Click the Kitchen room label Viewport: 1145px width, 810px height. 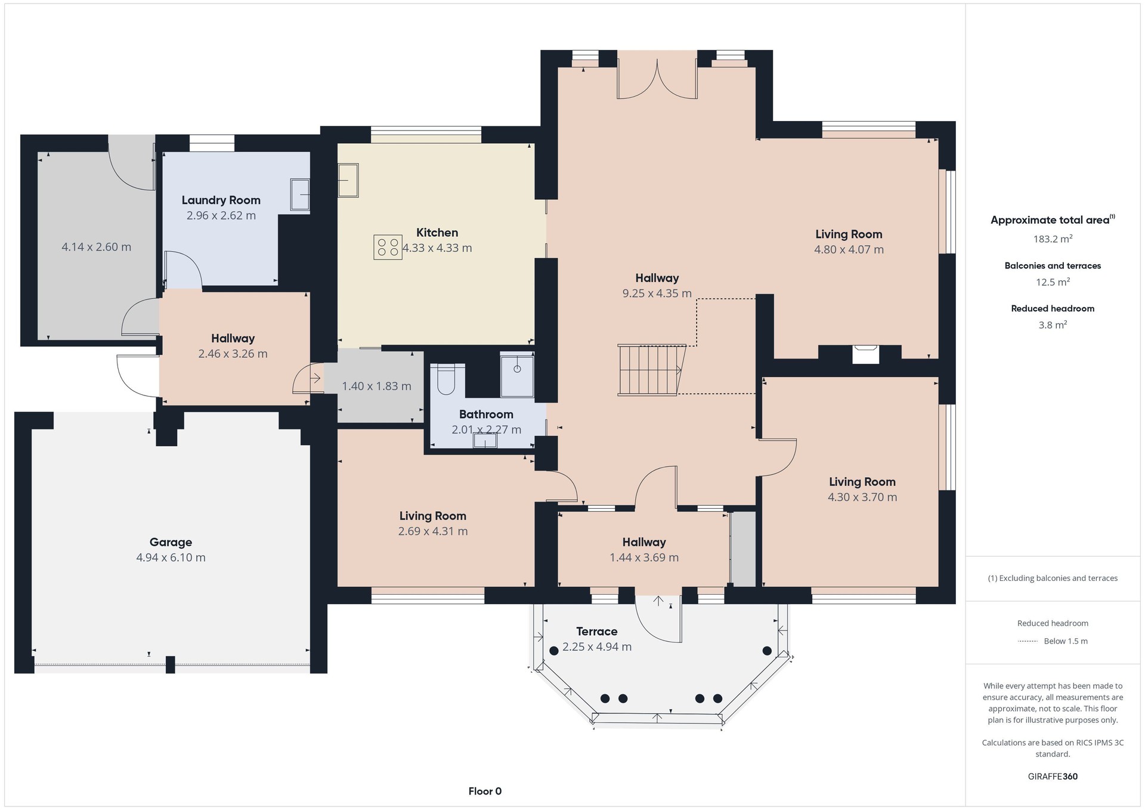point(437,233)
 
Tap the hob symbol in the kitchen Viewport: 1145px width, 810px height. point(388,248)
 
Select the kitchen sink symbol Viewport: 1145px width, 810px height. point(348,180)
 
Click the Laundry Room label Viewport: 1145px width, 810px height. point(221,200)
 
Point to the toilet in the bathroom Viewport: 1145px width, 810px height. point(446,379)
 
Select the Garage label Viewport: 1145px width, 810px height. point(171,542)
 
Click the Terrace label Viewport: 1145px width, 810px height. point(597,631)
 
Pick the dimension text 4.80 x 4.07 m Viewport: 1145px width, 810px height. point(849,249)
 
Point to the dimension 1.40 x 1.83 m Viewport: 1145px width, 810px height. point(377,386)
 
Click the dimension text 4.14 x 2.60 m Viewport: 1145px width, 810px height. point(97,247)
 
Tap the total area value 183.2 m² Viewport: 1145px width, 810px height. point(1053,239)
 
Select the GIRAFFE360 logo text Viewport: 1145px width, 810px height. point(1053,777)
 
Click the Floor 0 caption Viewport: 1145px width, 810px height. point(485,792)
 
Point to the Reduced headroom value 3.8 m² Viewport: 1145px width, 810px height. point(1053,325)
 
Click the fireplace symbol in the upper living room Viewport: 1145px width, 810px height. point(865,354)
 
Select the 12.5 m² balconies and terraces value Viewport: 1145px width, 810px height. point(1053,282)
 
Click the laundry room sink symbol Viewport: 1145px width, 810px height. point(300,194)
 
